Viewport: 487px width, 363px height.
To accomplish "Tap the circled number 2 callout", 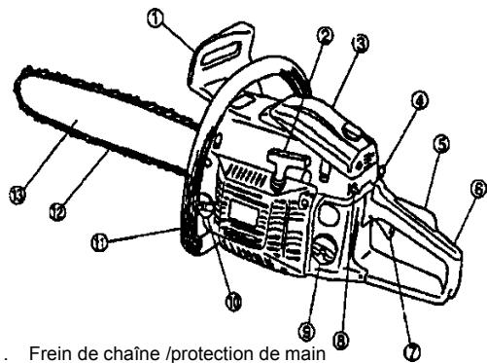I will click(x=326, y=36).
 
